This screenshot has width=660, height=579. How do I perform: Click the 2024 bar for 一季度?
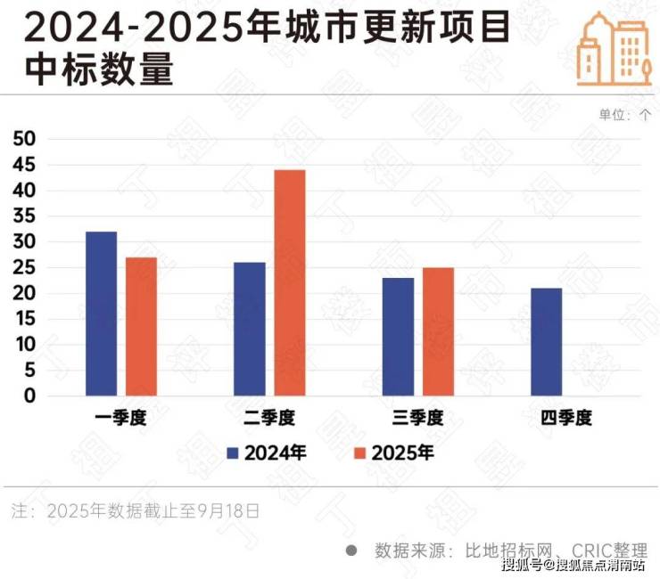tap(101, 314)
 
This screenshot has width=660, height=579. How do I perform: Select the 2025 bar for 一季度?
tap(141, 326)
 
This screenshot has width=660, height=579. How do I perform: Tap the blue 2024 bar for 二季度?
tap(249, 329)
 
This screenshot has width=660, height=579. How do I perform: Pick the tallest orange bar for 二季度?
tap(289, 282)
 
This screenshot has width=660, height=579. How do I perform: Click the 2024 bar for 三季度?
tap(398, 337)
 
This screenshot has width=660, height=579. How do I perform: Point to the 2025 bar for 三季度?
tap(438, 331)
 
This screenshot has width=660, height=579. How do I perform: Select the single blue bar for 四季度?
tap(546, 342)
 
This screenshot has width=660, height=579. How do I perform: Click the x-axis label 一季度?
tap(121, 418)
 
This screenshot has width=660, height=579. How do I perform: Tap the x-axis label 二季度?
tap(269, 418)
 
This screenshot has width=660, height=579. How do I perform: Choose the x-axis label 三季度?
tap(418, 418)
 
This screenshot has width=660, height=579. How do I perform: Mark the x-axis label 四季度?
tap(566, 418)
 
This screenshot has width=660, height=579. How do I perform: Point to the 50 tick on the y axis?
tap(24, 139)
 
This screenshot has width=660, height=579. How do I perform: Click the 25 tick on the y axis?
tap(24, 267)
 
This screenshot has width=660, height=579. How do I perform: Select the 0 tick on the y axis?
tap(29, 396)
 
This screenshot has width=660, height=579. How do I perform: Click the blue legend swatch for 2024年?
tap(234, 453)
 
